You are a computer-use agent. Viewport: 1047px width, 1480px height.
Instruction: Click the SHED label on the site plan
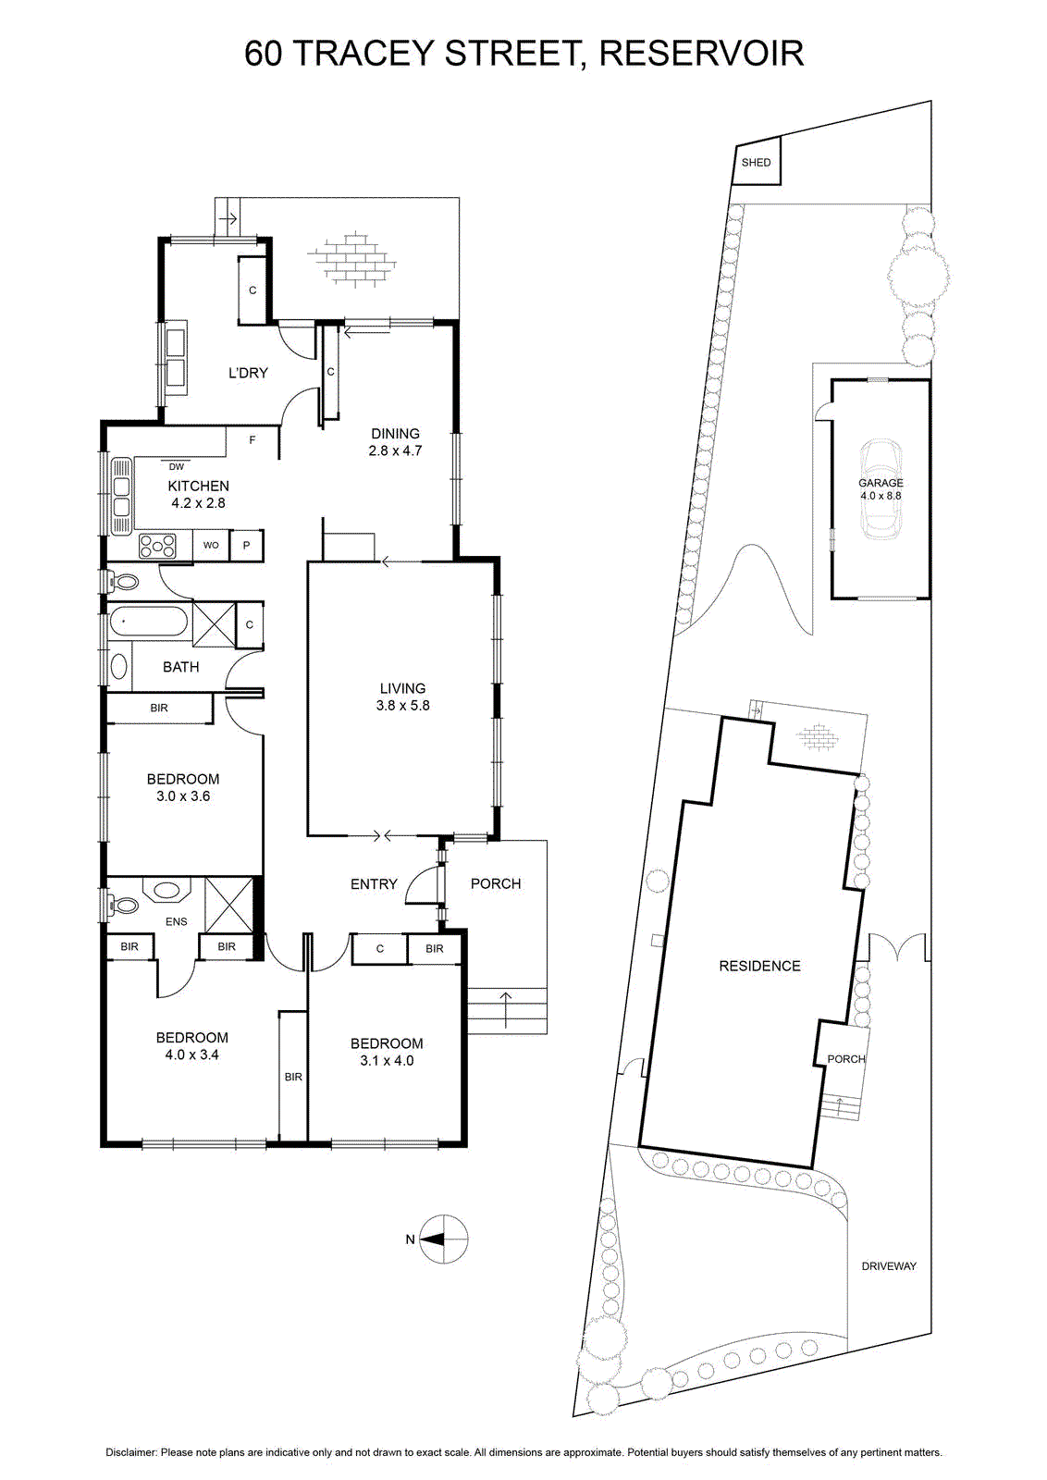(x=756, y=163)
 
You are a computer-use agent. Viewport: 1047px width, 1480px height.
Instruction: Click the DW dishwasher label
(x=177, y=466)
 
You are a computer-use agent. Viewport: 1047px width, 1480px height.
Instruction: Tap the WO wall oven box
(x=211, y=546)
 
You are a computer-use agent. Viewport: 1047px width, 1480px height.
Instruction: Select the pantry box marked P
(x=246, y=546)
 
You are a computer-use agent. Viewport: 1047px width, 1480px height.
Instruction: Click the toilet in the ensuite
(x=122, y=903)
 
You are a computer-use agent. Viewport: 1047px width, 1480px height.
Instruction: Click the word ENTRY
(x=374, y=884)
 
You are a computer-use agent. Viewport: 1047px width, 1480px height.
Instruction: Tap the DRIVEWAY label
(x=889, y=1266)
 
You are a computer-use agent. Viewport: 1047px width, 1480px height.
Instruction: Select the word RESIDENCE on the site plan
(x=759, y=966)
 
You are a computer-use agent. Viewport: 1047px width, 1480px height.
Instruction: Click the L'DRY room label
(x=248, y=373)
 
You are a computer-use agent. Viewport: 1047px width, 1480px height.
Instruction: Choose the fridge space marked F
(x=253, y=440)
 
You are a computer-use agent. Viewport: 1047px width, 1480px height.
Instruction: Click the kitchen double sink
(x=122, y=496)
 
